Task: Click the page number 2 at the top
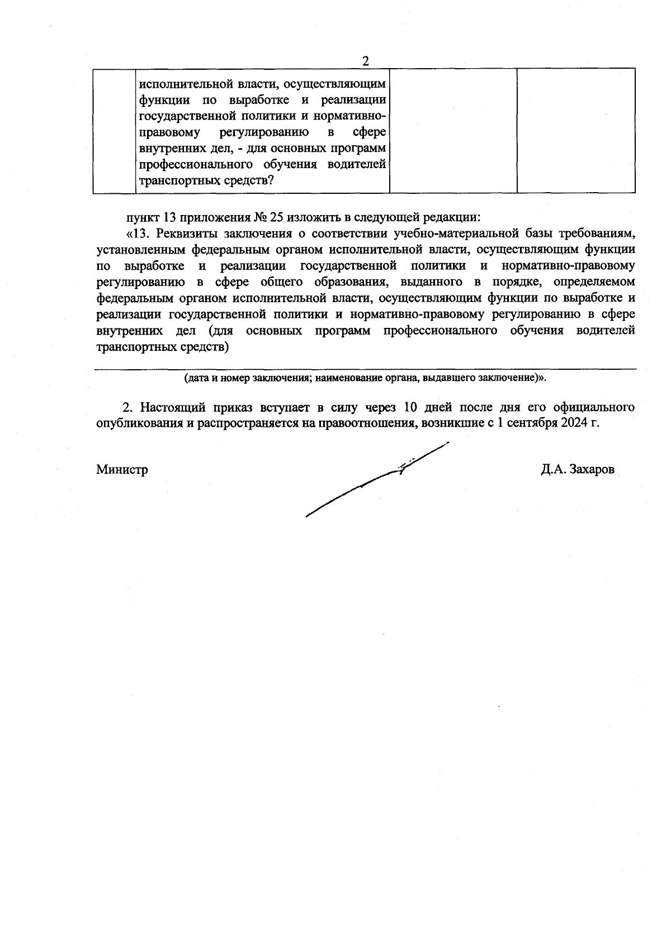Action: click(366, 61)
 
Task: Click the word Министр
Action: click(122, 470)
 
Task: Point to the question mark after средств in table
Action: click(271, 181)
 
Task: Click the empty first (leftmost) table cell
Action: click(114, 130)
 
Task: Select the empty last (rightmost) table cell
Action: click(576, 130)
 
